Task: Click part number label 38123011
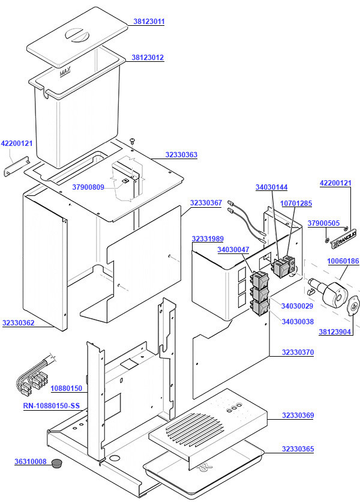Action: [x=148, y=22]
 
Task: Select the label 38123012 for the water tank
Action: [x=148, y=58]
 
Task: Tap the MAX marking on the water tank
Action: [x=65, y=73]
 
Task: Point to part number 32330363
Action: [x=181, y=155]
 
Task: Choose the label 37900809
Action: [x=88, y=187]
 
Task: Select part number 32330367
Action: [x=206, y=203]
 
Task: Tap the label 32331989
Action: [x=208, y=239]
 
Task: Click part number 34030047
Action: [x=233, y=249]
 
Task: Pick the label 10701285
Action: [x=296, y=204]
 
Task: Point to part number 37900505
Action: [x=323, y=223]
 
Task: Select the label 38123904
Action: [x=334, y=331]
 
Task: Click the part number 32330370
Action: [x=298, y=352]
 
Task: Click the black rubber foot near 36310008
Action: [x=58, y=463]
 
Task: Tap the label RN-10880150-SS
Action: [x=51, y=407]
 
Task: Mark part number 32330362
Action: [x=18, y=323]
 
